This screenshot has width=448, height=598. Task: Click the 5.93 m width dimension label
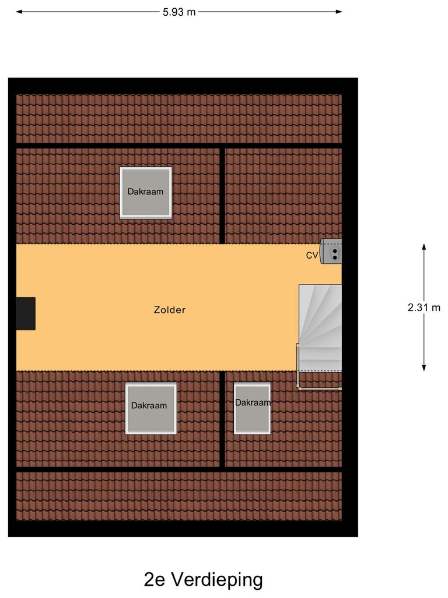click(x=179, y=12)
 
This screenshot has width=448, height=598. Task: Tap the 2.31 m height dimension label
click(x=424, y=308)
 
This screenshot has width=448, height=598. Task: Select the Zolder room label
click(x=170, y=310)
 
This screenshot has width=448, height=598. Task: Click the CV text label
click(x=312, y=255)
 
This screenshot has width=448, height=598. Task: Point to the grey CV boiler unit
click(x=332, y=252)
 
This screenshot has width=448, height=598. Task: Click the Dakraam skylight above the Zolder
click(x=146, y=193)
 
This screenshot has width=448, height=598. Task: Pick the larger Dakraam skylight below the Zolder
click(x=150, y=408)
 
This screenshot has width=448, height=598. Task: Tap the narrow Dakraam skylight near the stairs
click(x=252, y=408)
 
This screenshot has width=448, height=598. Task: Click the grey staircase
click(x=320, y=327)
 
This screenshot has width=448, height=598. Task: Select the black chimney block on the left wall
click(x=26, y=314)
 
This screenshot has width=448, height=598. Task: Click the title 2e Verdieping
click(x=203, y=580)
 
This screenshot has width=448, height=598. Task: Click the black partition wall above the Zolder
click(x=222, y=196)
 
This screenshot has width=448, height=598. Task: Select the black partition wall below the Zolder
click(x=222, y=419)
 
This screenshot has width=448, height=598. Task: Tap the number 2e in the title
click(x=155, y=580)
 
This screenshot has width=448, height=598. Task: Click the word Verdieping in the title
click(x=216, y=580)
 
